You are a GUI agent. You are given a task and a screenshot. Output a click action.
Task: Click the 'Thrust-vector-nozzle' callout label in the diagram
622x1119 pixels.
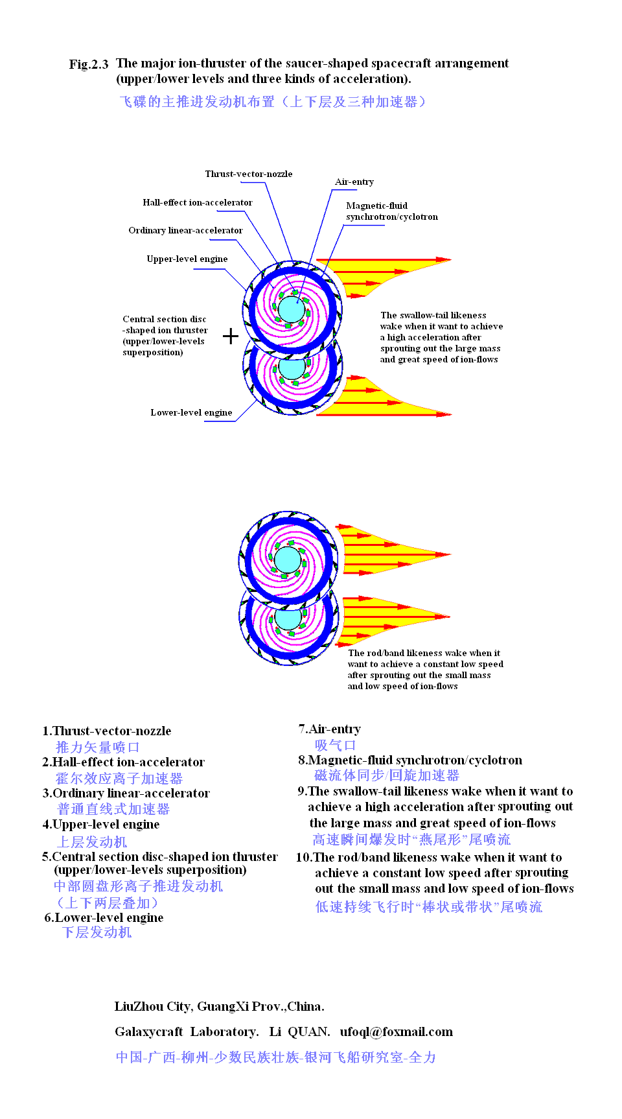tap(248, 174)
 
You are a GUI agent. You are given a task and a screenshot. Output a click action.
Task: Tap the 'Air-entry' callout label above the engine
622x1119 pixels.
tap(354, 182)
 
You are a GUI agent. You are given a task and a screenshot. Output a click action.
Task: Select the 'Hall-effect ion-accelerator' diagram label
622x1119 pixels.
tap(197, 202)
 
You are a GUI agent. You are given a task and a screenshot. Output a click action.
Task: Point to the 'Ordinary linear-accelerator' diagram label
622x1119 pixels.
tap(185, 230)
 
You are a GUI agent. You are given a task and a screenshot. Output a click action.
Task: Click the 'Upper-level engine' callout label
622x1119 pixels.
tap(187, 259)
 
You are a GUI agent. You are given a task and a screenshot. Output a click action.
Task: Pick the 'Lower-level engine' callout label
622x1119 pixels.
tap(191, 412)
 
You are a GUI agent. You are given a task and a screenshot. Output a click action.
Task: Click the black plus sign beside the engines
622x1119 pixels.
tap(231, 336)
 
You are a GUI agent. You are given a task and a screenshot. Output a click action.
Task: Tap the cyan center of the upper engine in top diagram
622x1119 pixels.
tap(292, 309)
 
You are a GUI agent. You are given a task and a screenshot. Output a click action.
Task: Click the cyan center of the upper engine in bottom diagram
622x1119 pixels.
tap(288, 559)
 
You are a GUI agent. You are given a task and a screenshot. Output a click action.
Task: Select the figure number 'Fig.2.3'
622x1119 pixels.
tap(89, 64)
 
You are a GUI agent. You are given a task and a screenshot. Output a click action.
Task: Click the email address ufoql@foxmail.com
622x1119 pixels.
tap(396, 1031)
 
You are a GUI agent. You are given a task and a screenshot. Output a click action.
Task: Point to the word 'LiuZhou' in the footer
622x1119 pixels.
tap(139, 1006)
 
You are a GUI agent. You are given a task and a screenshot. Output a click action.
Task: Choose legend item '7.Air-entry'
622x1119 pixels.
tap(329, 729)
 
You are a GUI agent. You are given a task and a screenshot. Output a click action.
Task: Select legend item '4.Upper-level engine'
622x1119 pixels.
tap(101, 825)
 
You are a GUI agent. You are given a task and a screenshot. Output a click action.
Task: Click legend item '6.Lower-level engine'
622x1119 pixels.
tap(104, 917)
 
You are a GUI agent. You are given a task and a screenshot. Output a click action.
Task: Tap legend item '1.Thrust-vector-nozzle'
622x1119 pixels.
tap(107, 731)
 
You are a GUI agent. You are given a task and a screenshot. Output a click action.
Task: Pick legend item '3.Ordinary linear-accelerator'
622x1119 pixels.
tap(126, 794)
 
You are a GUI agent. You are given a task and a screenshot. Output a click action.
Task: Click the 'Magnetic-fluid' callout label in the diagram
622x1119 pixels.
tap(376, 206)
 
